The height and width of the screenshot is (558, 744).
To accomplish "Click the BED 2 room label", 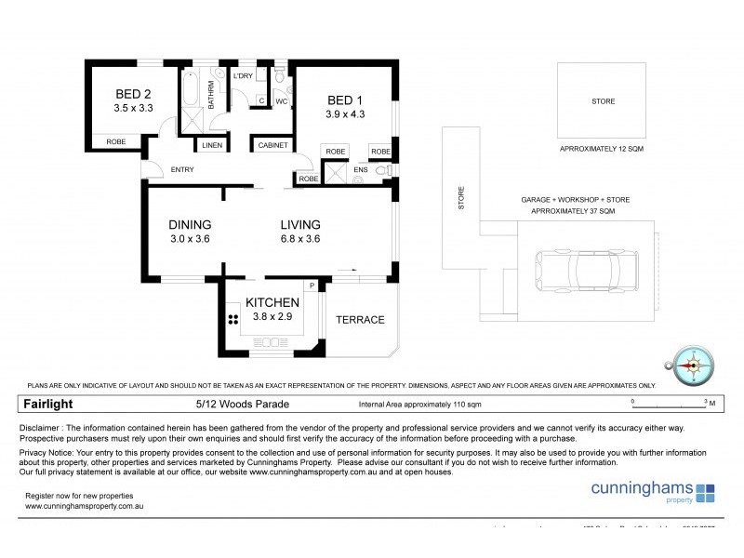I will click(x=133, y=94).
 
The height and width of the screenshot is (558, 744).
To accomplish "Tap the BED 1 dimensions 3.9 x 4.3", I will click(x=345, y=114).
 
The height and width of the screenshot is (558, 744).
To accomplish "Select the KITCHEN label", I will click(x=272, y=302).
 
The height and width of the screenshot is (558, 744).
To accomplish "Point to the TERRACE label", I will click(x=360, y=320).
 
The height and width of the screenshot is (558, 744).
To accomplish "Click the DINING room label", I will click(x=190, y=224).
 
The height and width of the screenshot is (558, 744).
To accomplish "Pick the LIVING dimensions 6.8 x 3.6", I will click(x=300, y=239).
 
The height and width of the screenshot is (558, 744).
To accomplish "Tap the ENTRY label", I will click(x=182, y=169).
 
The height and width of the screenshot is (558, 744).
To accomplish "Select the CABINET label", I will click(x=272, y=146).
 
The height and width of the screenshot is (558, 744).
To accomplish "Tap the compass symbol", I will click(x=691, y=365).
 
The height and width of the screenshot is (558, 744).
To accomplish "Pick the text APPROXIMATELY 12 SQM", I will click(x=602, y=149).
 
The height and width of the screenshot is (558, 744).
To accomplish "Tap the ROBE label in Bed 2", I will click(x=115, y=142).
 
